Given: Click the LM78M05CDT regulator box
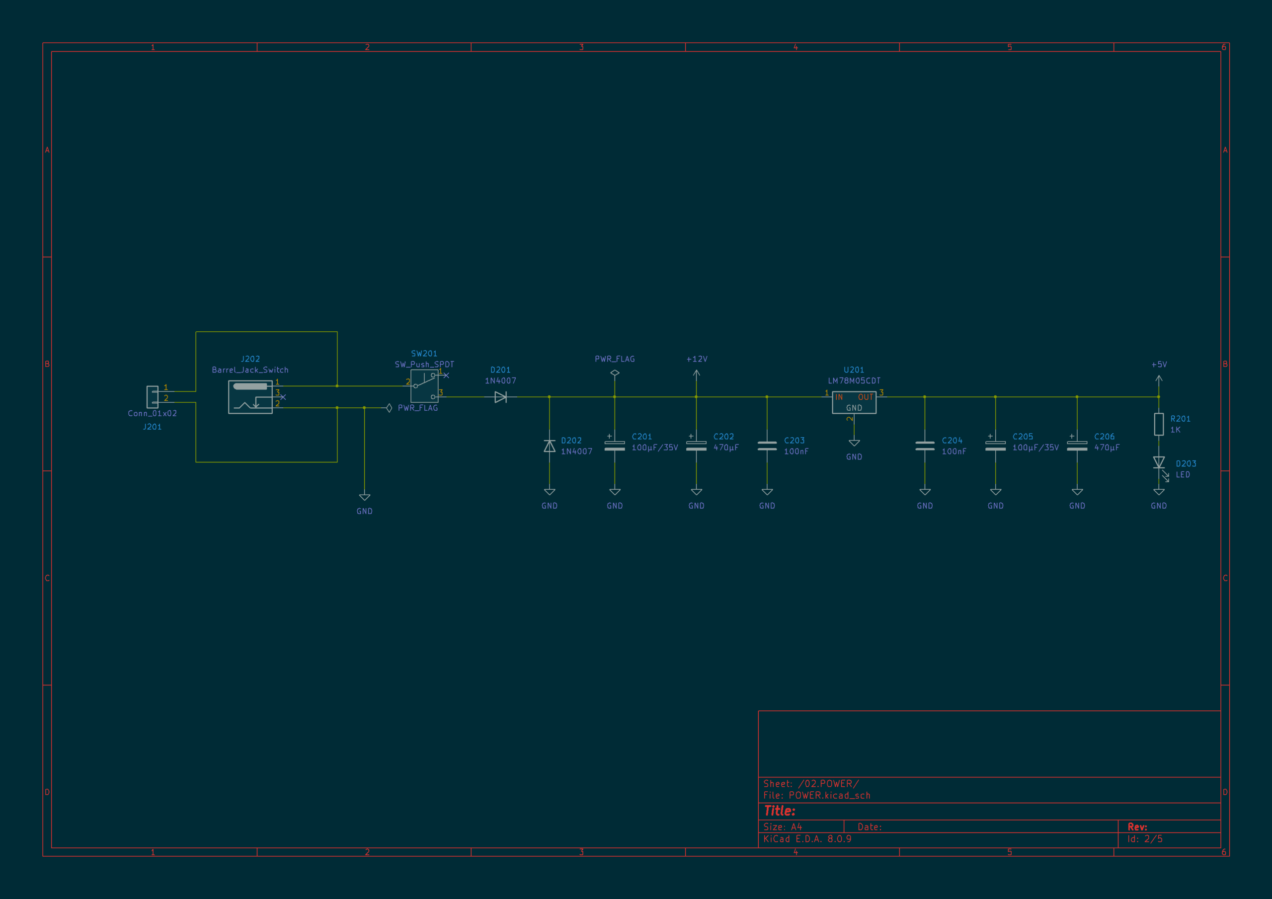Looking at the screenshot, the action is pyautogui.click(x=854, y=402).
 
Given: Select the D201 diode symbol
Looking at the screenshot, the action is pyautogui.click(x=500, y=396).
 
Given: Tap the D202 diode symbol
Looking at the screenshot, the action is pyautogui.click(x=549, y=446).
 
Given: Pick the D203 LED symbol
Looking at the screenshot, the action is pyautogui.click(x=1160, y=464).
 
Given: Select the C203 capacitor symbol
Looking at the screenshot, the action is pyautogui.click(x=767, y=446).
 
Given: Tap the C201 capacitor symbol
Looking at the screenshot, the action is pyautogui.click(x=615, y=445).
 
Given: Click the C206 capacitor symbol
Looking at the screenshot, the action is pyautogui.click(x=1077, y=445).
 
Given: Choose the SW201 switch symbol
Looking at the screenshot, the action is pyautogui.click(x=424, y=386).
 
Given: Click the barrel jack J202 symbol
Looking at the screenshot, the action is pyautogui.click(x=250, y=396).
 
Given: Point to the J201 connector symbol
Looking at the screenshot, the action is pyautogui.click(x=153, y=396).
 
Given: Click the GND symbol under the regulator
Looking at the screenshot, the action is pyautogui.click(x=854, y=443).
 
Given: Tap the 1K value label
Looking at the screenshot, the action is pyautogui.click(x=1175, y=430).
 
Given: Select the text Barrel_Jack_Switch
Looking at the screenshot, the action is pyautogui.click(x=250, y=370).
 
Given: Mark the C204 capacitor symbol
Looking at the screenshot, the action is pyautogui.click(x=925, y=446).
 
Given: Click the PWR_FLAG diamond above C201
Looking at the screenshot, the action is pyautogui.click(x=615, y=373).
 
